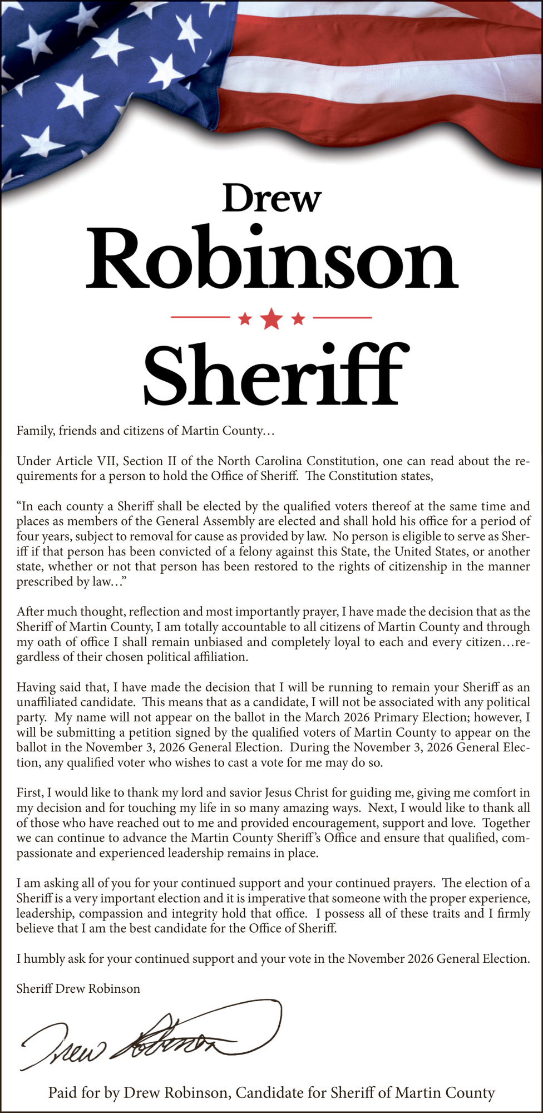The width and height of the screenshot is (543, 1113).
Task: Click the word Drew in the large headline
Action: coord(271,198)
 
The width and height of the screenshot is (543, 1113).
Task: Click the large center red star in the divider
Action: coord(271,318)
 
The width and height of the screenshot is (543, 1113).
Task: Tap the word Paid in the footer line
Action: coord(63,1092)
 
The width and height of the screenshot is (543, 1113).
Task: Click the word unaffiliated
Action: coord(52,702)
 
